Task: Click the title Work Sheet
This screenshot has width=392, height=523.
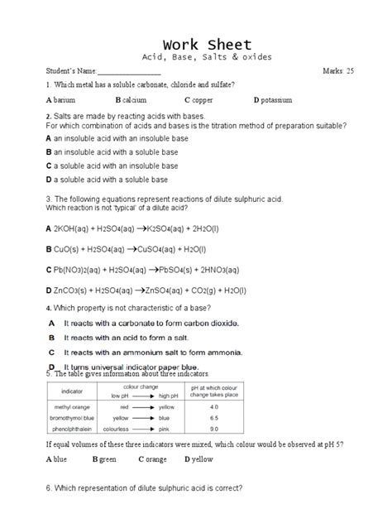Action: (196, 44)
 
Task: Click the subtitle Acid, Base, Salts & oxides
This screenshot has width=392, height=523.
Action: (196, 57)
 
